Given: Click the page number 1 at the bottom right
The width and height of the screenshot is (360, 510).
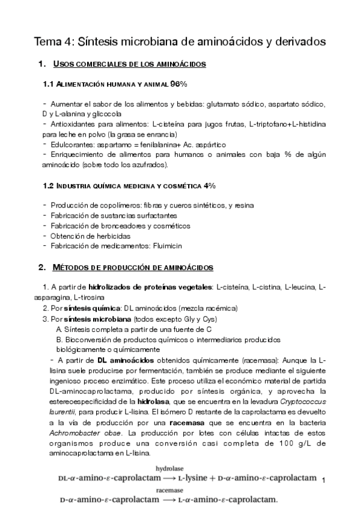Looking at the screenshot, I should [x=323, y=481].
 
